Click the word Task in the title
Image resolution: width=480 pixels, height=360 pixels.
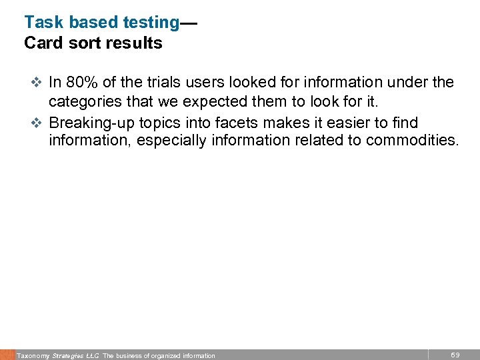point(42,22)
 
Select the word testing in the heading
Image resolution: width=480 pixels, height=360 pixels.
point(151,23)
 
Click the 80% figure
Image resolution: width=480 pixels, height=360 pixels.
point(79,83)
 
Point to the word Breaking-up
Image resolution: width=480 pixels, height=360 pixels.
point(93,123)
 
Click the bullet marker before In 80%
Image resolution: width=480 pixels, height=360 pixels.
point(37,83)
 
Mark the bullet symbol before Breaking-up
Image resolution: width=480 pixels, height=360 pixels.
point(37,123)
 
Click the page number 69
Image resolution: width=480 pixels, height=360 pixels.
point(455,355)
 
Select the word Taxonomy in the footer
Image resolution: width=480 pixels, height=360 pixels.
point(33,356)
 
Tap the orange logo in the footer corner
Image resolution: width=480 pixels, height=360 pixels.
point(7,355)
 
